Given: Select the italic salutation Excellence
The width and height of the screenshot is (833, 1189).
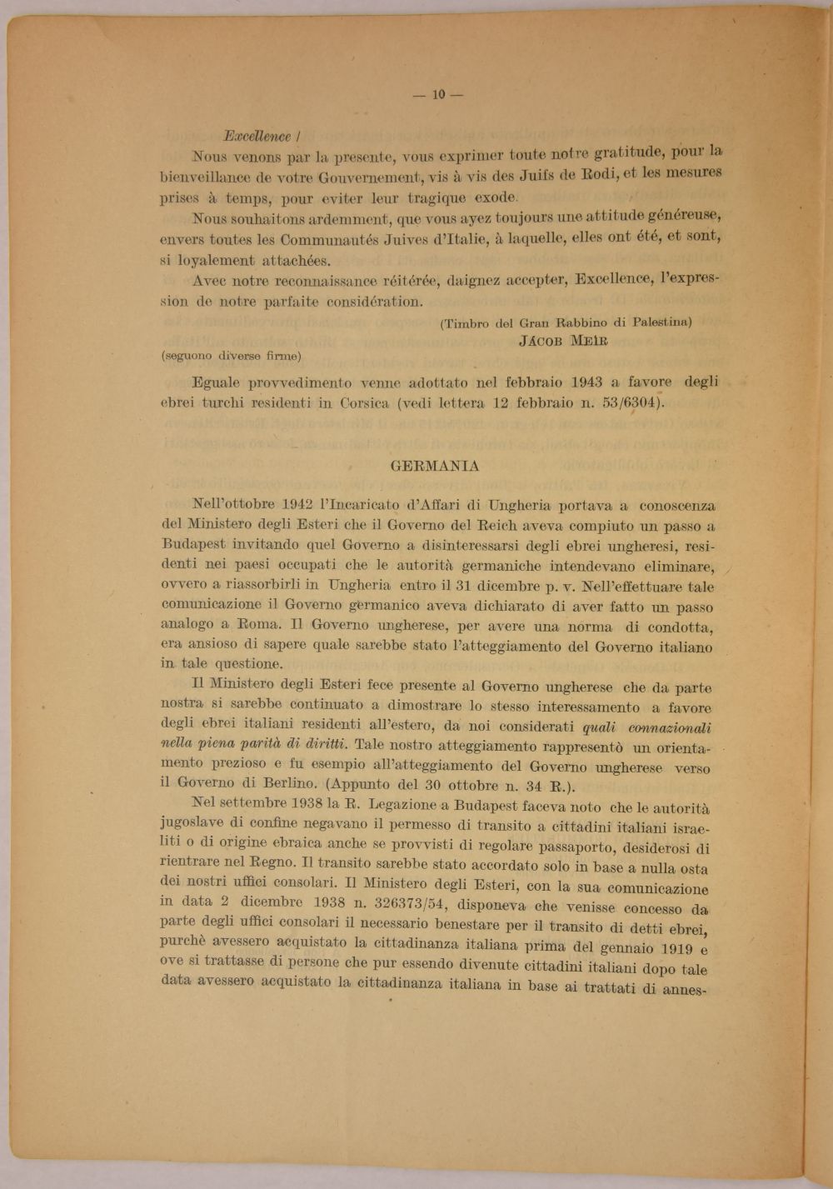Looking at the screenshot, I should click(x=257, y=137).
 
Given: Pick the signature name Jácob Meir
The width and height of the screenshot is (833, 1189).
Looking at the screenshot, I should click(x=563, y=340).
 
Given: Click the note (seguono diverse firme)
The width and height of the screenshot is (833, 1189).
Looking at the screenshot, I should click(x=231, y=356).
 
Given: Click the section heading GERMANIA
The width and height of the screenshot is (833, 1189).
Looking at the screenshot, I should click(x=435, y=466).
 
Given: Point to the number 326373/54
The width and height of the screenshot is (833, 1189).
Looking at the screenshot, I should click(x=392, y=903).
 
